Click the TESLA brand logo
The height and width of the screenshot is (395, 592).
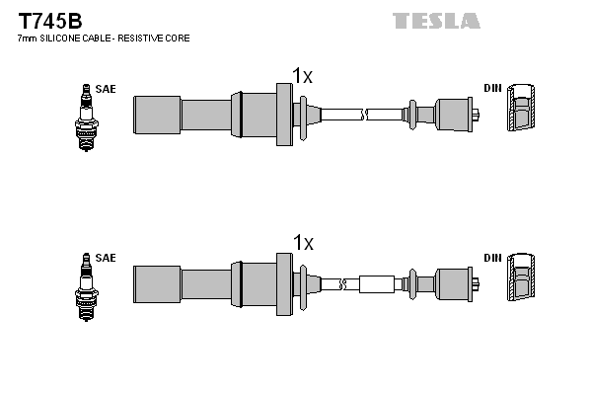[x=435, y=20]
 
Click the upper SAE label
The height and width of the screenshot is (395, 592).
[x=107, y=89]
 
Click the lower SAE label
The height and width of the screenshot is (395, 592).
[x=107, y=258]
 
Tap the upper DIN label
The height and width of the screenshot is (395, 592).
[x=492, y=89]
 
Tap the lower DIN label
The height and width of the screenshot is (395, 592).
[x=492, y=258]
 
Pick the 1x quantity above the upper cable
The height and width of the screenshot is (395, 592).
[x=302, y=75]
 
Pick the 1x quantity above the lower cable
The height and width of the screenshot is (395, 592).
[x=302, y=243]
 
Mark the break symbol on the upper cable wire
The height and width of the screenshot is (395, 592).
[x=366, y=114]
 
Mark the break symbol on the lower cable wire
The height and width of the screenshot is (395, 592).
[x=342, y=284]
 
